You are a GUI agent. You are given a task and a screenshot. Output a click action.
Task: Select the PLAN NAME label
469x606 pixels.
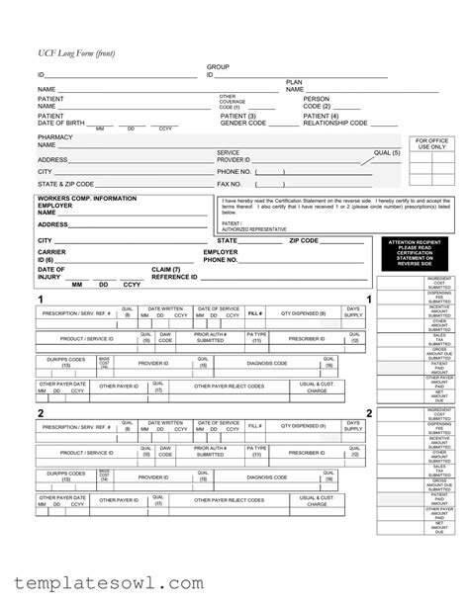click(295, 86)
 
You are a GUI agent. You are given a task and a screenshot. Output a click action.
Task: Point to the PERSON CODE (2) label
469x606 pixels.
click(317, 102)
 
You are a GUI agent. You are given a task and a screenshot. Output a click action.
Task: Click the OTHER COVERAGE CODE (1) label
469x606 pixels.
click(233, 102)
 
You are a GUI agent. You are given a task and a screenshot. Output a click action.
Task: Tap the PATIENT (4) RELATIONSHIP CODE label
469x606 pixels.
click(335, 120)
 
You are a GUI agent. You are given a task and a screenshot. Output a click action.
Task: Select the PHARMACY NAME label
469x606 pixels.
click(53, 140)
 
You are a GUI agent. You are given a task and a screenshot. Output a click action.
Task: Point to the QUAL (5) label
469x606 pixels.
click(387, 153)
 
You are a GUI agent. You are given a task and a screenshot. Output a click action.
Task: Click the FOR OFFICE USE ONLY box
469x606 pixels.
click(432, 145)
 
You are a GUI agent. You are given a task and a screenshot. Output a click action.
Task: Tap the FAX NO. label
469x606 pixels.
click(230, 184)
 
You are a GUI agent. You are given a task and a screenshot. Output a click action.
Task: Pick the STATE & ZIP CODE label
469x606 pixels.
click(66, 184)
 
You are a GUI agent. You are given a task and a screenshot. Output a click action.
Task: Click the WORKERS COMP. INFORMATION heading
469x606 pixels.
click(87, 199)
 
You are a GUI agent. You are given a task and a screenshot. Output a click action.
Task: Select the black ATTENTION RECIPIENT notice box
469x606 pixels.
click(415, 253)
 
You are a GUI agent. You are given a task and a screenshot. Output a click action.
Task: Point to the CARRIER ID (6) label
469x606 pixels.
click(52, 256)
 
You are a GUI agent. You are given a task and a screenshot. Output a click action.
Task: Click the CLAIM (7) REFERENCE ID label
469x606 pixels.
click(167, 273)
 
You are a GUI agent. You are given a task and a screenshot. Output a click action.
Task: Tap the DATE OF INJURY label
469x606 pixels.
click(51, 273)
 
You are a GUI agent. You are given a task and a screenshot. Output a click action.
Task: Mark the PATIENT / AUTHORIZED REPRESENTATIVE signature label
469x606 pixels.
click(253, 226)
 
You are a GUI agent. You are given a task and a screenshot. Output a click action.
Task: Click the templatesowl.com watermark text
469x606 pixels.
click(104, 583)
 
